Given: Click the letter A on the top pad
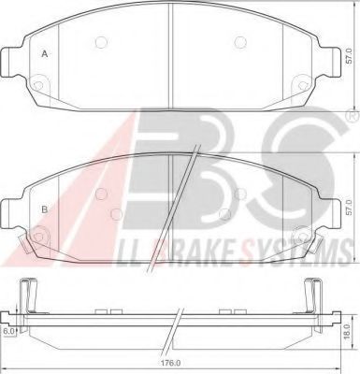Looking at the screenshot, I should (x=44, y=54).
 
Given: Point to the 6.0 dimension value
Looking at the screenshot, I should (x=9, y=330).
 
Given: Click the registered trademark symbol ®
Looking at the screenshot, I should (x=351, y=117).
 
